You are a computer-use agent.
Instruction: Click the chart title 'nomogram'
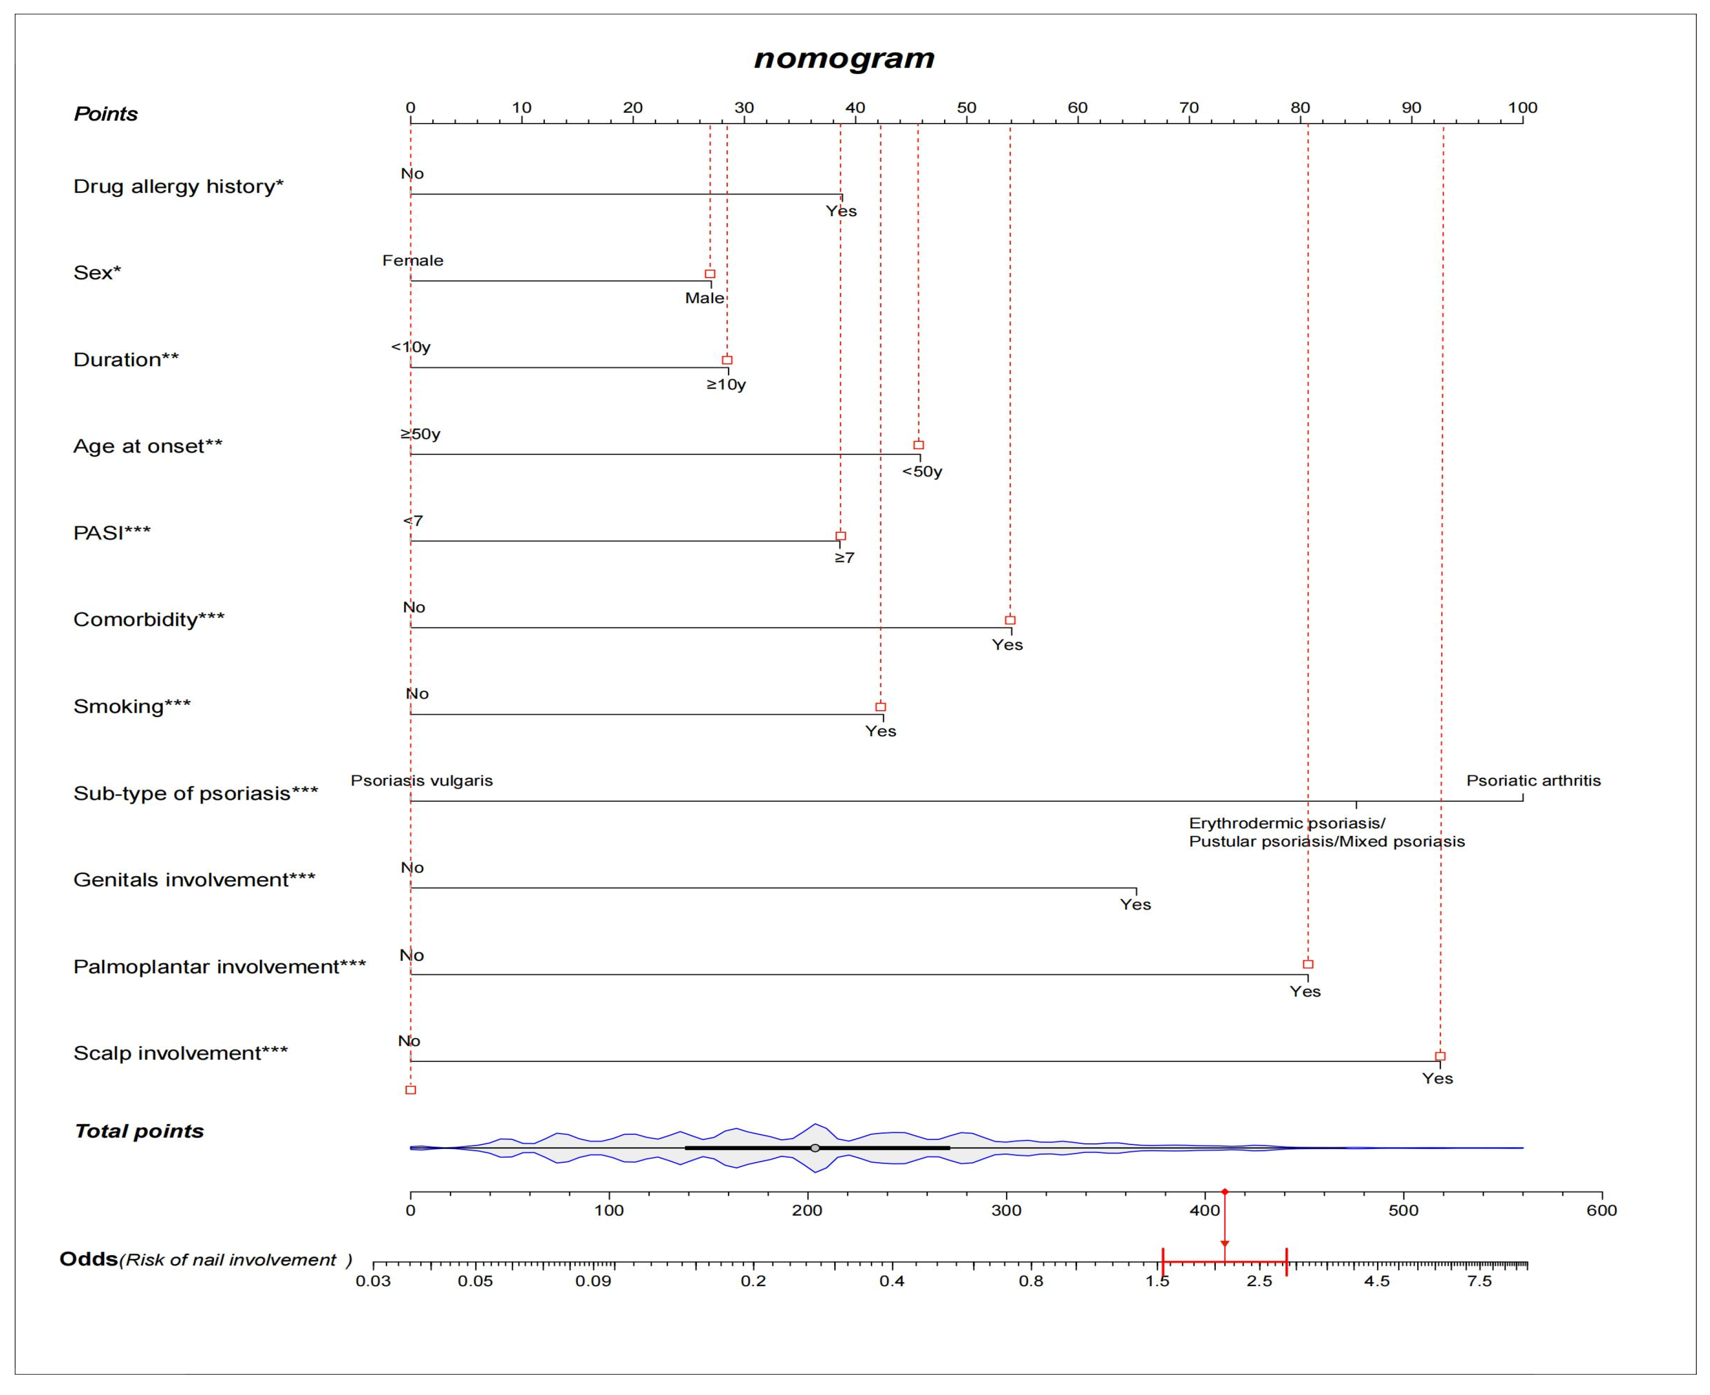coord(844,58)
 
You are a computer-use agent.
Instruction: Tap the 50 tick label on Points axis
coord(967,108)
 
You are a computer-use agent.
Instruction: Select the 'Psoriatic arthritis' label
coord(1533,780)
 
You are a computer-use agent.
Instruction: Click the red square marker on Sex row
coord(710,274)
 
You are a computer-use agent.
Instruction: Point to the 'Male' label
coord(705,298)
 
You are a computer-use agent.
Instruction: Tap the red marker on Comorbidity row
coord(1010,620)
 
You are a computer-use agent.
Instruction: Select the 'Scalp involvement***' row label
coord(180,1053)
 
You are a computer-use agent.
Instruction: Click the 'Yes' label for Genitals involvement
coord(1136,905)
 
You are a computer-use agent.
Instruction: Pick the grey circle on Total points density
coord(815,1148)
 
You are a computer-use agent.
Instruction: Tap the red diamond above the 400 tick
coord(1225,1192)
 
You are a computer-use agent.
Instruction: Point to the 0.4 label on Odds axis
coord(892,1282)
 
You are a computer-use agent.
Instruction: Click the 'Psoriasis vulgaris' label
coord(422,780)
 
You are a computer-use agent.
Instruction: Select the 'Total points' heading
coord(139,1132)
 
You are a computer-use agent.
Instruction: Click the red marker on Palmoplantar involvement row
coord(1307,964)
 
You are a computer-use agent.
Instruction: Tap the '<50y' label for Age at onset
coord(922,472)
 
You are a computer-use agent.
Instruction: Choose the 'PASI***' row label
coord(112,533)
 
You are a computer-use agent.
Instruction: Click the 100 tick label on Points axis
coord(1522,108)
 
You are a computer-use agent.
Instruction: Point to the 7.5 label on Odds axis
coord(1479,1282)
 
